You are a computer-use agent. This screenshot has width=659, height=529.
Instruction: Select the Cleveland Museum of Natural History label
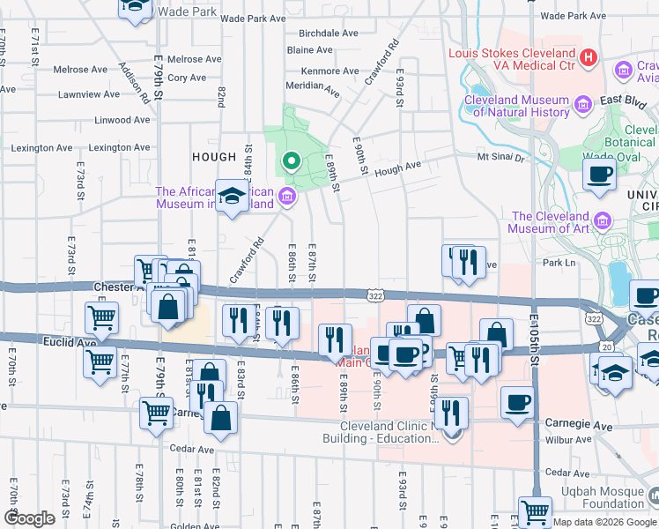tap(516, 107)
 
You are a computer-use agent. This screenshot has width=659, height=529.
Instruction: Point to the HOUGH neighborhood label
tap(214, 158)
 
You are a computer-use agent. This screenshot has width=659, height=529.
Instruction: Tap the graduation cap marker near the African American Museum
tap(232, 198)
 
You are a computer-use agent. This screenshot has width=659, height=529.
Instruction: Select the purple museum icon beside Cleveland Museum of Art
tap(603, 219)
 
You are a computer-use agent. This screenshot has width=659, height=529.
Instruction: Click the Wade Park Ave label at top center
tap(253, 18)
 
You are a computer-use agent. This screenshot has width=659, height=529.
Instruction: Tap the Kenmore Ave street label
tap(329, 71)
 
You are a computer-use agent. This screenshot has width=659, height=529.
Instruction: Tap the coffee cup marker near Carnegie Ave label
tap(517, 403)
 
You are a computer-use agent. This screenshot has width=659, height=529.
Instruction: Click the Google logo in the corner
tap(30, 518)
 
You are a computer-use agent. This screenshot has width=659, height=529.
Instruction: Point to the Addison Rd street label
tap(135, 84)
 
